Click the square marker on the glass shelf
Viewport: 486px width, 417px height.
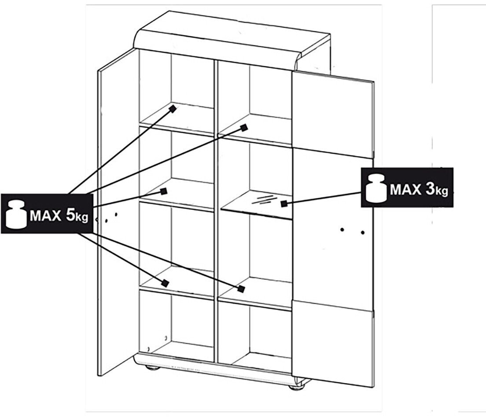(284, 203)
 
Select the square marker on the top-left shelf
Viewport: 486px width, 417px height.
(173, 108)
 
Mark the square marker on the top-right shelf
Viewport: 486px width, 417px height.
(243, 128)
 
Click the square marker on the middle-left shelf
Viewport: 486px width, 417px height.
(163, 191)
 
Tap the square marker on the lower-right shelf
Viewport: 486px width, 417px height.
(241, 289)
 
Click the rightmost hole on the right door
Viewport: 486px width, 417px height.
(363, 232)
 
